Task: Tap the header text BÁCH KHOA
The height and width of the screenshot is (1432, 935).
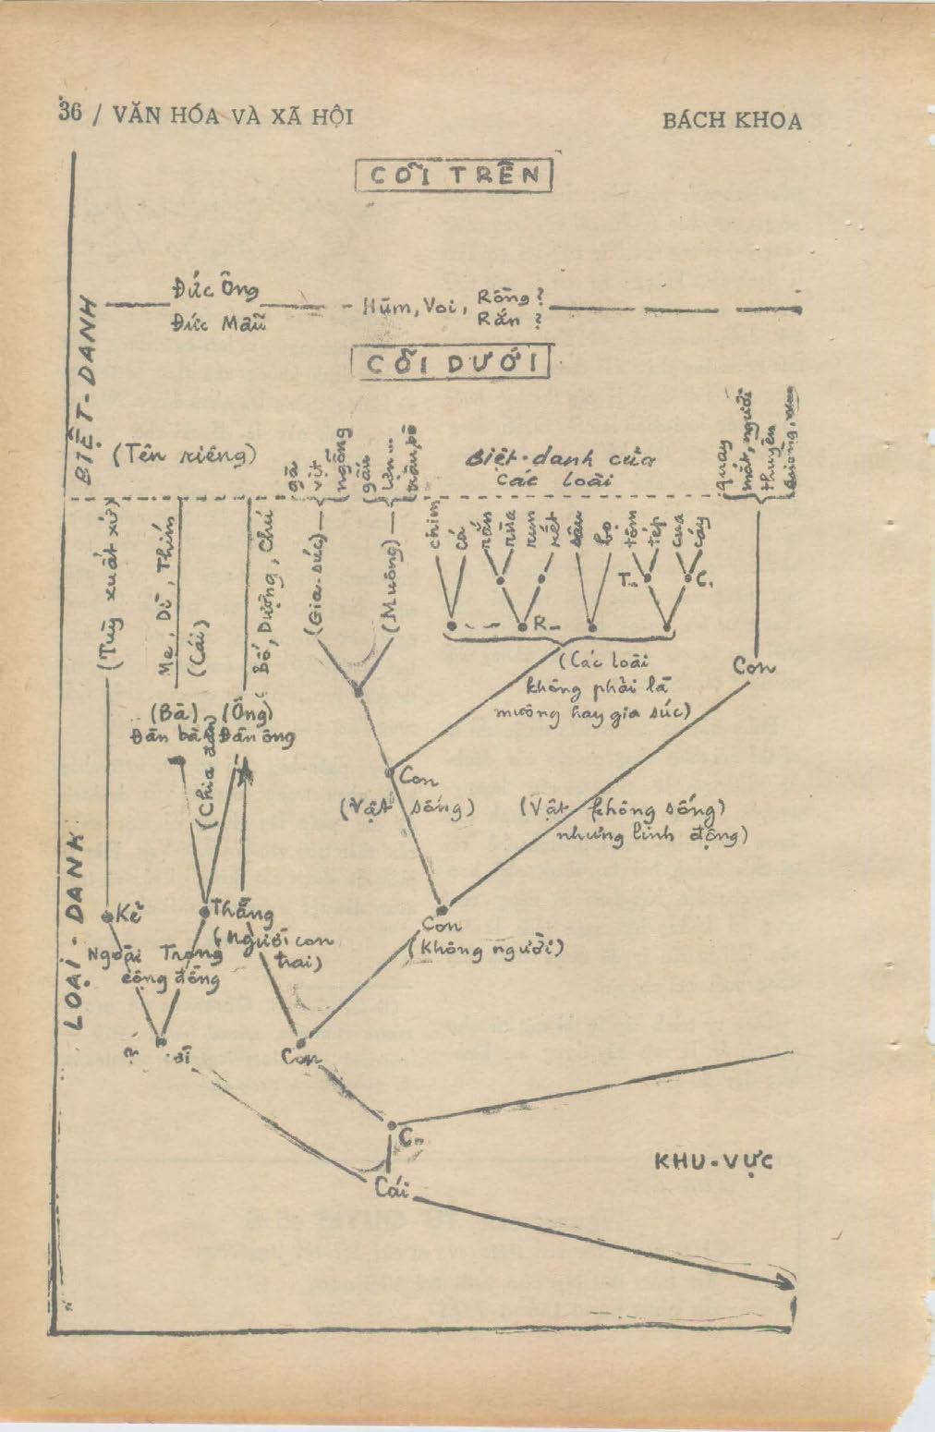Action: [x=732, y=121]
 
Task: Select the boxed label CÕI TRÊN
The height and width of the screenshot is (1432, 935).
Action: [x=454, y=176]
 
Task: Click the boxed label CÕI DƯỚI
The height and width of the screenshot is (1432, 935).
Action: [x=452, y=362]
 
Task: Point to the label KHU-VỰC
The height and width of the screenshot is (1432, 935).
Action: [x=712, y=1162]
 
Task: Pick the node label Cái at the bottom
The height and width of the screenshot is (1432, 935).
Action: [x=392, y=1188]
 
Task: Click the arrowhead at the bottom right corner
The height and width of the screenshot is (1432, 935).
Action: [x=787, y=1285]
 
